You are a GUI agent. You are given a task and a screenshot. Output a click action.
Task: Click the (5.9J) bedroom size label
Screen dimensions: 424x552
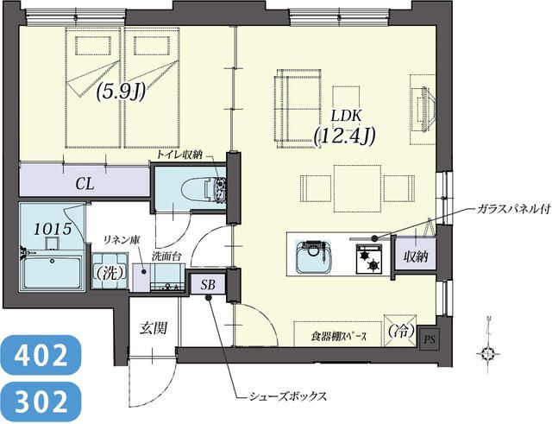pos(120,92)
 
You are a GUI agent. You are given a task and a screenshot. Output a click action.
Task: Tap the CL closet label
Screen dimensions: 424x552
pos(85,183)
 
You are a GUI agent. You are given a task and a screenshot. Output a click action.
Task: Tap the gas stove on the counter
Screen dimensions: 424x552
pos(371,256)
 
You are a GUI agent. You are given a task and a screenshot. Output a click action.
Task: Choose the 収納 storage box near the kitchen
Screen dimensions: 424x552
pos(414,256)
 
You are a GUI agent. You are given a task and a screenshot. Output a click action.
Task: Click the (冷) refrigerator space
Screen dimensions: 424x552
pos(398,330)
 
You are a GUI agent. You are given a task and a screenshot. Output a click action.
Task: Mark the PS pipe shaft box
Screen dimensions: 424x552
pos(429,339)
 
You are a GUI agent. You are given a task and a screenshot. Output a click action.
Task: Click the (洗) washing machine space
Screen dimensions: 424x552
pos(110,271)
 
